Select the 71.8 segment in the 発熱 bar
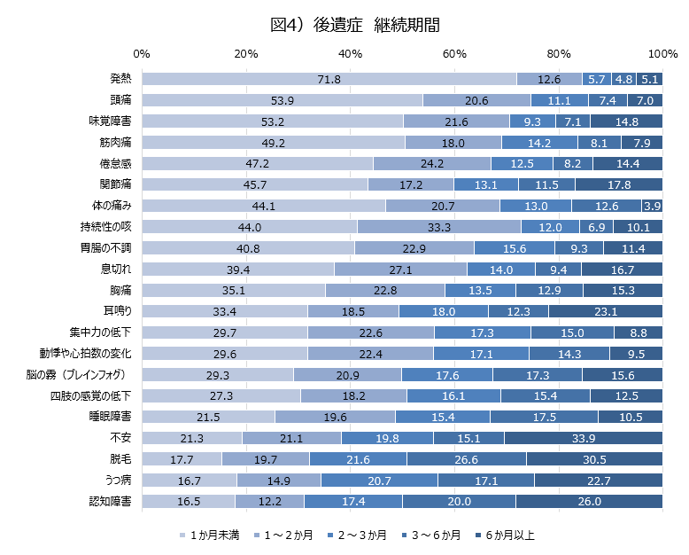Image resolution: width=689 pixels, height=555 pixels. [329, 79]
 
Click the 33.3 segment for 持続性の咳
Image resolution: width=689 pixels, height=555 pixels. [435, 227]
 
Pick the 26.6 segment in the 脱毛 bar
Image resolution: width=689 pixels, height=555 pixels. [466, 458]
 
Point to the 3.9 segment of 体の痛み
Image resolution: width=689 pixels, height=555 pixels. [652, 206]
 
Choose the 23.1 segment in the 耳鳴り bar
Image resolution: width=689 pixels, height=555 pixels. [605, 310]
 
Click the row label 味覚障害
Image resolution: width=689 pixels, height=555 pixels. [111, 121]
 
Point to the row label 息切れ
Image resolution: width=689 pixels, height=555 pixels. [117, 269]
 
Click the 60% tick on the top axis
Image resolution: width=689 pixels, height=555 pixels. [454, 54]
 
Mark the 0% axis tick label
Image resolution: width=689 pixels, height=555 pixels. [143, 54]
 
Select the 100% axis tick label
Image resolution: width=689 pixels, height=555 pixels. [662, 54]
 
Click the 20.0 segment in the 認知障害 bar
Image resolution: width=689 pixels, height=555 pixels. [459, 501]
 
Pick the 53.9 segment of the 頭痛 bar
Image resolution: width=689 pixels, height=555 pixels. [283, 100]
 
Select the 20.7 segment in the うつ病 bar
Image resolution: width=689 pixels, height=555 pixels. [379, 480]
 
